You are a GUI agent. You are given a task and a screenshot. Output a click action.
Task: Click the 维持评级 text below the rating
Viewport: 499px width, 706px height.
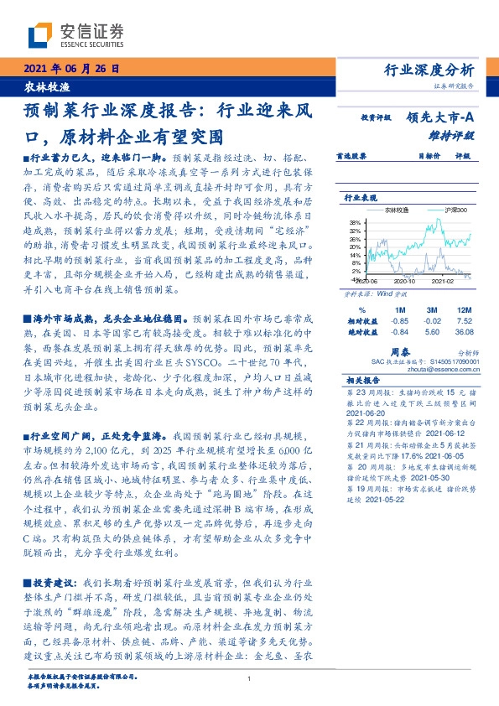click(455, 134)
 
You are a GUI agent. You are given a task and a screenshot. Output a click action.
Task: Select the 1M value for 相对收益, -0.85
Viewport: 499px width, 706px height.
click(400, 319)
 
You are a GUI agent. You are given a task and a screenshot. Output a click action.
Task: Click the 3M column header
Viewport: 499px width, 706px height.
click(433, 309)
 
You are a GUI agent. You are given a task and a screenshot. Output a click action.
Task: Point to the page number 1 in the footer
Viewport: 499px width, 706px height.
click(249, 678)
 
